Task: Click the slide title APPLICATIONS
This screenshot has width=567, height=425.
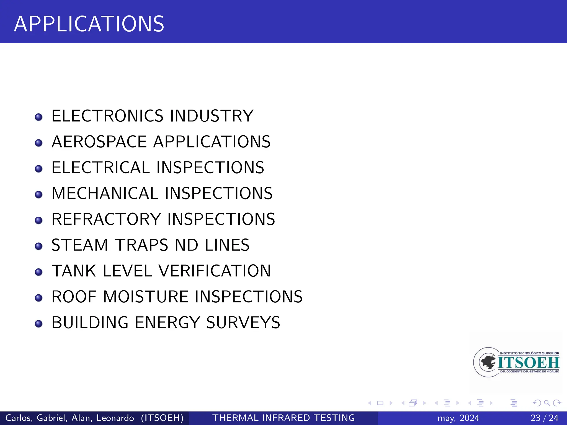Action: pos(89,24)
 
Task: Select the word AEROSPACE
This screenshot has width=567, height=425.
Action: pos(99,142)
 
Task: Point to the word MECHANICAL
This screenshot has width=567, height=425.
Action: pos(105,193)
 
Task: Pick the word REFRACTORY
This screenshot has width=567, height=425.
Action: pos(106,219)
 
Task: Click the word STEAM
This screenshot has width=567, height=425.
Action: pos(79,245)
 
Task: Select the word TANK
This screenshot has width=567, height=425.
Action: pos(74,271)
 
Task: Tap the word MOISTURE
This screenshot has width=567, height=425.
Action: pos(146,297)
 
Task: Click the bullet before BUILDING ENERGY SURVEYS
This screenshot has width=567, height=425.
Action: pos(39,323)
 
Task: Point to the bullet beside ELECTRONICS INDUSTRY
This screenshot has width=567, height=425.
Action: pos(39,117)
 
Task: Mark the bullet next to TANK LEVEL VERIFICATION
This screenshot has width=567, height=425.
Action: pos(39,272)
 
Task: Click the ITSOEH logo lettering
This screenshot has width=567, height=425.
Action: pos(529,362)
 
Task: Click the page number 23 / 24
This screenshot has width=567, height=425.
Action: pos(544,418)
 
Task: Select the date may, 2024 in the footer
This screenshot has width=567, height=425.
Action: pos(458,418)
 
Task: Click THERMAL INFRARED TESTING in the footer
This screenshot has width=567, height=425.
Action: pos(283,418)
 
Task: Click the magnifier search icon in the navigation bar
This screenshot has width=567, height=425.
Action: pos(547,403)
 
